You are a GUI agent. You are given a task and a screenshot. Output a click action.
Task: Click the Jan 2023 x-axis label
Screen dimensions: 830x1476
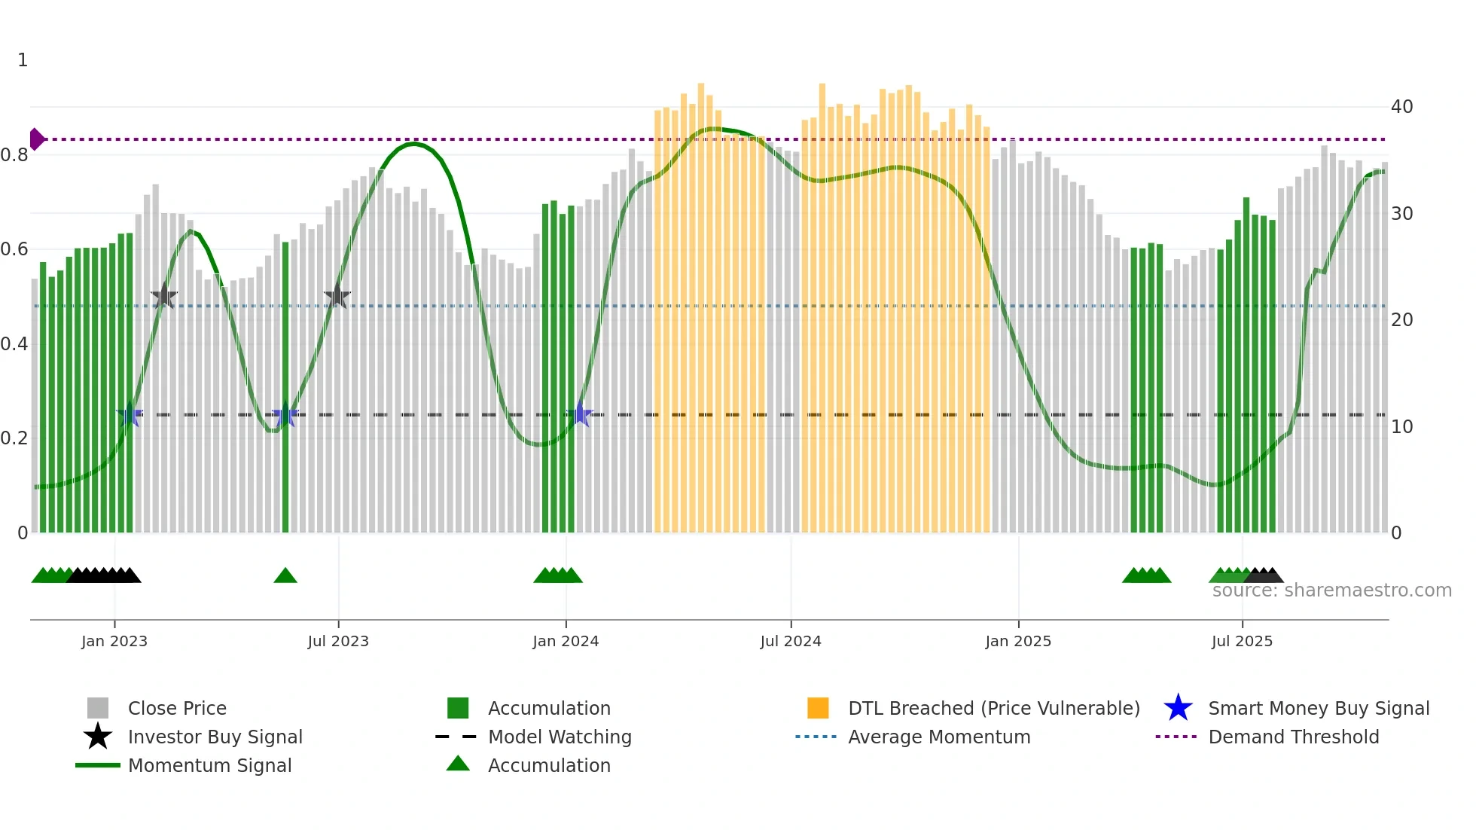click(114, 641)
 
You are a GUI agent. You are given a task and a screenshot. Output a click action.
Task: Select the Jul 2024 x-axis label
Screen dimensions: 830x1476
click(791, 641)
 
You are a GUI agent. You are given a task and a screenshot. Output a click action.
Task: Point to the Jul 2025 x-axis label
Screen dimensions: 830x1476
click(1242, 641)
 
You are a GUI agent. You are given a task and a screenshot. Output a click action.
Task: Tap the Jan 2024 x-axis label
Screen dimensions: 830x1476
click(566, 641)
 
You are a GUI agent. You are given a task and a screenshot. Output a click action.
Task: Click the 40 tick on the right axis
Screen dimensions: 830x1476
click(1401, 107)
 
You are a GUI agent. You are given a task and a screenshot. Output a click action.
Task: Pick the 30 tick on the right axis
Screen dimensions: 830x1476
click(1401, 214)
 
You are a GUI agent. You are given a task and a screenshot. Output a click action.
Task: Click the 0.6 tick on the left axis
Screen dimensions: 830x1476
click(15, 249)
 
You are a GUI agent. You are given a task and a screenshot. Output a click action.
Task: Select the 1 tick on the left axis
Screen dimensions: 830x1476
click(23, 60)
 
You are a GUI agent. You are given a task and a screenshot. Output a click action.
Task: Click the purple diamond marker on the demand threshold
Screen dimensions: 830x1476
click(36, 139)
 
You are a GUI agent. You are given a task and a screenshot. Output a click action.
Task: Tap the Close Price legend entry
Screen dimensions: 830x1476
click(177, 708)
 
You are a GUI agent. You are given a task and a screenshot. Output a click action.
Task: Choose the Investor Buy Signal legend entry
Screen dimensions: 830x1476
click(215, 737)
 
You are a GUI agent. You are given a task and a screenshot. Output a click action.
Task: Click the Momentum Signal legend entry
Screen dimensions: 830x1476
click(209, 765)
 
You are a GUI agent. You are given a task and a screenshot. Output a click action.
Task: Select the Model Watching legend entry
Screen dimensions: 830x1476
click(560, 737)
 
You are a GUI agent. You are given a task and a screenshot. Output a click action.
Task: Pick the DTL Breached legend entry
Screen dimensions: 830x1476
click(993, 708)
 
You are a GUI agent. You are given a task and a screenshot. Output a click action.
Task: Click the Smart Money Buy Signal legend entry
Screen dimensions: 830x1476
click(1319, 708)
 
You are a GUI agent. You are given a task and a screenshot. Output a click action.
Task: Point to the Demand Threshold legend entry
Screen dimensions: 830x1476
click(1293, 737)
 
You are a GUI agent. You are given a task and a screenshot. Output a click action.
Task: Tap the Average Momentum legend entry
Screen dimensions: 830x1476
click(939, 737)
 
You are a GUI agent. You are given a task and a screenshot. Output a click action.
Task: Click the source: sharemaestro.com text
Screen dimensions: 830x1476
click(1331, 590)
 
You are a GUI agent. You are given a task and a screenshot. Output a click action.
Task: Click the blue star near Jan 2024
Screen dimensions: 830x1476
click(580, 414)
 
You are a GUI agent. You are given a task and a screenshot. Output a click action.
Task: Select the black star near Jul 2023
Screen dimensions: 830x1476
click(337, 297)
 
